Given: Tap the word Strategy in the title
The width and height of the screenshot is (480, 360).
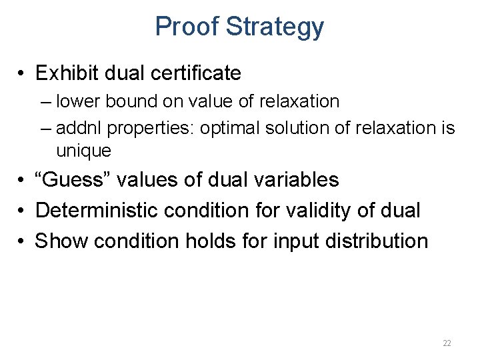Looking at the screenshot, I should (275, 27).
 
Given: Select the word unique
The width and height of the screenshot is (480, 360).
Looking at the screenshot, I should (83, 151).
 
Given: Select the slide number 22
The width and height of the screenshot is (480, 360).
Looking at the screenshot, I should (447, 343).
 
